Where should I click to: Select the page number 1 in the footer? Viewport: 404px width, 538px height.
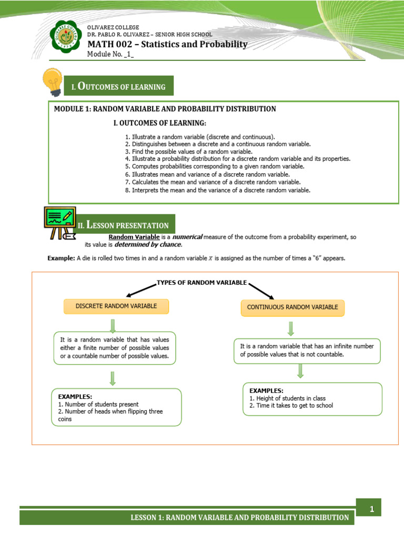click(x=371, y=509)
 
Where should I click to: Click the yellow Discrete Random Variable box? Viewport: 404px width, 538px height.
click(x=116, y=306)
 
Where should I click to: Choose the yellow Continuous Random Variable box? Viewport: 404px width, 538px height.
click(x=292, y=307)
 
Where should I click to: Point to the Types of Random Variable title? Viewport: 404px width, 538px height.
click(x=201, y=283)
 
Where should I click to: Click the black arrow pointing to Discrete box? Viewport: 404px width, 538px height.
click(x=141, y=289)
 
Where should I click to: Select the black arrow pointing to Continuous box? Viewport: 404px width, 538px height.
click(x=261, y=290)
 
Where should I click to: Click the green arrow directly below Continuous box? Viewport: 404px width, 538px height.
click(x=290, y=328)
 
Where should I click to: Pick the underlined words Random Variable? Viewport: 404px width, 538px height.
click(x=134, y=237)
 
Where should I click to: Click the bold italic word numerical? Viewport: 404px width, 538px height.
click(x=187, y=237)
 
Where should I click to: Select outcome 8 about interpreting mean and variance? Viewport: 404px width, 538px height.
click(x=218, y=190)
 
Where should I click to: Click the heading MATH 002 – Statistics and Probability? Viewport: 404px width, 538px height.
click(x=167, y=44)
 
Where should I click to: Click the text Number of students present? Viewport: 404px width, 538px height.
click(x=98, y=404)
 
